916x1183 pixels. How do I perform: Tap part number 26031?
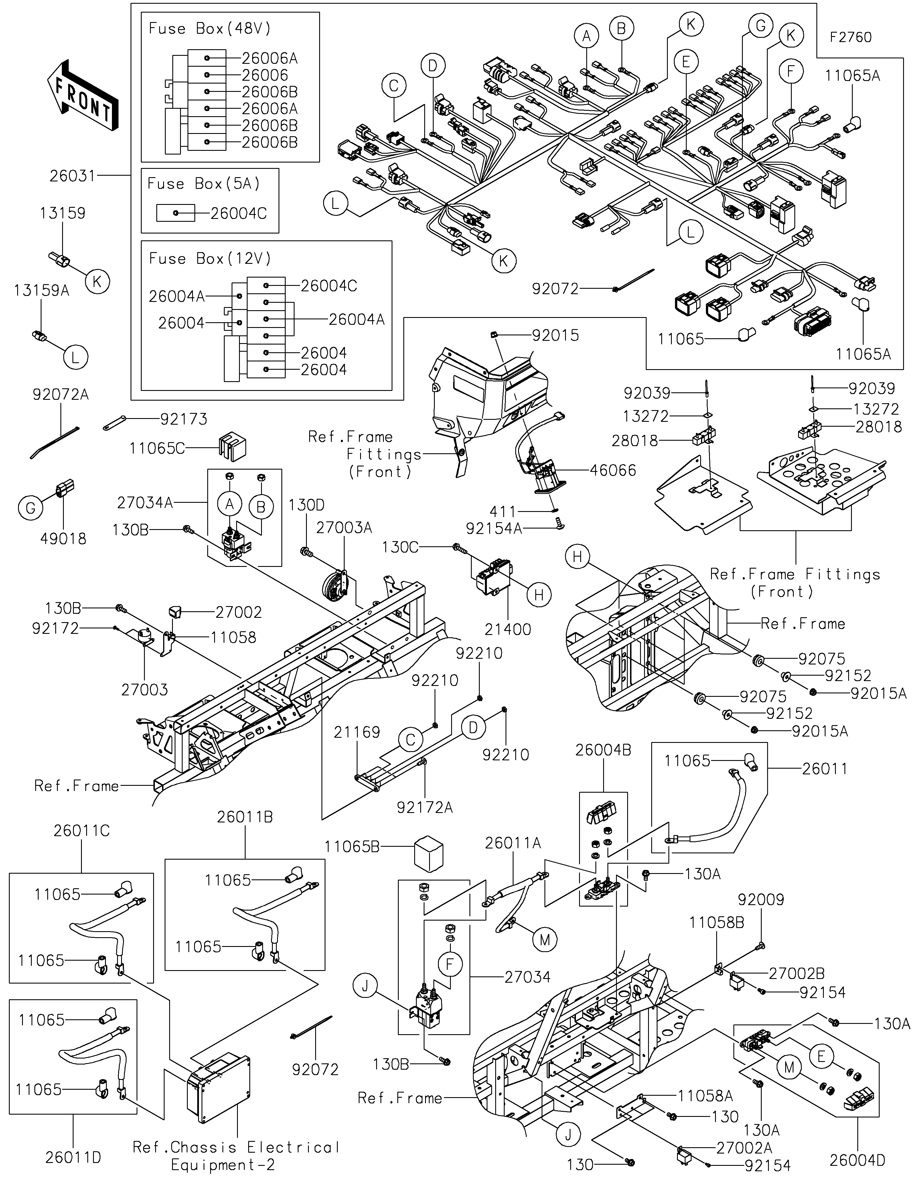point(72,176)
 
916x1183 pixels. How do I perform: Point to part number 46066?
point(613,470)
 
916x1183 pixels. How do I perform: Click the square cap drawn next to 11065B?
point(429,856)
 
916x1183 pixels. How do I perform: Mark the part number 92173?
point(184,419)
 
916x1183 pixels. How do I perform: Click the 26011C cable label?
point(81,830)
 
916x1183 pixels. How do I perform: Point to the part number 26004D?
point(858,1160)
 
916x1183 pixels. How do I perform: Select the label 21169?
point(357,732)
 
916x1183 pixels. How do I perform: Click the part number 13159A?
point(42,291)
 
